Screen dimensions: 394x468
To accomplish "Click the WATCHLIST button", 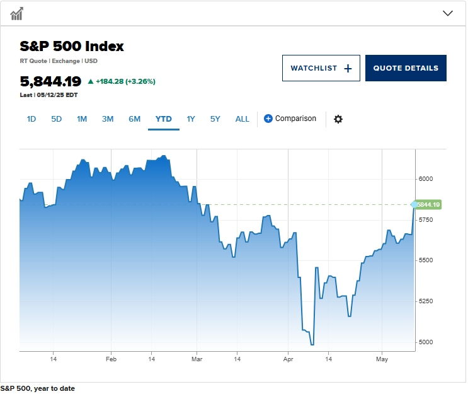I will pyautogui.click(x=321, y=68).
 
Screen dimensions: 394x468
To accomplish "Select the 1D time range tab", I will pyautogui.click(x=31, y=119).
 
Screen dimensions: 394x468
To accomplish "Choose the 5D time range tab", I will pyautogui.click(x=57, y=119).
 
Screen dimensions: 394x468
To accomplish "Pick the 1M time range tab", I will pyautogui.click(x=82, y=119).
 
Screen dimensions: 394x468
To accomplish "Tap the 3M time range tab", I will pyautogui.click(x=108, y=119).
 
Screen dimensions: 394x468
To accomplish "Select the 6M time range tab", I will pyautogui.click(x=135, y=119).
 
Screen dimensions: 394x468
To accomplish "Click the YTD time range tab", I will pyautogui.click(x=164, y=119).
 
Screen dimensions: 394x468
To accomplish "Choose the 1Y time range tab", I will pyautogui.click(x=191, y=119).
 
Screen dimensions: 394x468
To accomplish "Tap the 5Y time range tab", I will pyautogui.click(x=215, y=119).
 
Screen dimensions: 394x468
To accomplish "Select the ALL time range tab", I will pyautogui.click(x=243, y=119).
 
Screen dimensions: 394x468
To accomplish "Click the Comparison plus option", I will pyautogui.click(x=290, y=119).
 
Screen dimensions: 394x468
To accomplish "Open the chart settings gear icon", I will pyautogui.click(x=338, y=119).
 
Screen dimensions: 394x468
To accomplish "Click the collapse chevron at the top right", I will pyautogui.click(x=448, y=13).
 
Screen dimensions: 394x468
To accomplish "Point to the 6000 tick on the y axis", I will pyautogui.click(x=426, y=179).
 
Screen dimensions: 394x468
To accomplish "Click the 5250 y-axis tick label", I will pyautogui.click(x=426, y=301).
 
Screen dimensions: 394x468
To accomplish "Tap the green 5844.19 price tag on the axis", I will pyautogui.click(x=428, y=204).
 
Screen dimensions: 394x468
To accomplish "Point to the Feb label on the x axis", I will pyautogui.click(x=111, y=359).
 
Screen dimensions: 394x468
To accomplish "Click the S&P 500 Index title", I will pyautogui.click(x=72, y=46).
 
